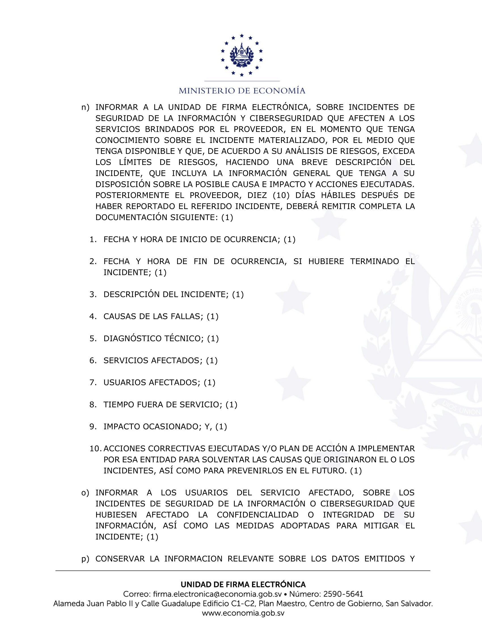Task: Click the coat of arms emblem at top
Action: [242, 55]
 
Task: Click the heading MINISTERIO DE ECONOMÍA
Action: [242, 91]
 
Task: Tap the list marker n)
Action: [85, 107]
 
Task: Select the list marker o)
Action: [85, 493]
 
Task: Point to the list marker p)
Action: [85, 559]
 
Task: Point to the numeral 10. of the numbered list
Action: [95, 449]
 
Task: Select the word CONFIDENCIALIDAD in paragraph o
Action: [257, 515]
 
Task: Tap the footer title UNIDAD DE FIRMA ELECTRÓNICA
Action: [243, 585]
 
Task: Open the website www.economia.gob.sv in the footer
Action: [243, 613]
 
